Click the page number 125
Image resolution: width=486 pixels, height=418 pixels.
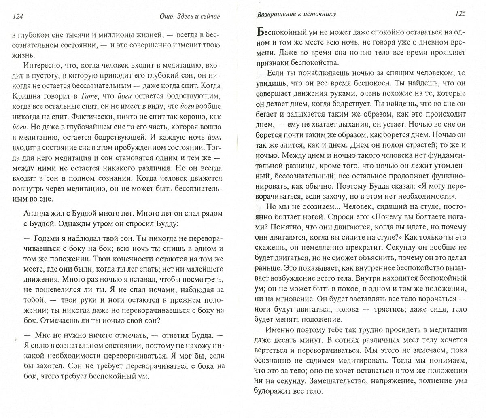pyautogui.click(x=460, y=13)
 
